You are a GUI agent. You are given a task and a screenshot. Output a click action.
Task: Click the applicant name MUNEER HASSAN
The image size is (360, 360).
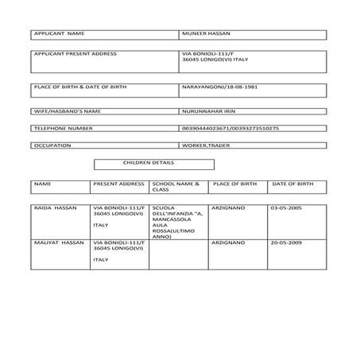[x=206, y=34]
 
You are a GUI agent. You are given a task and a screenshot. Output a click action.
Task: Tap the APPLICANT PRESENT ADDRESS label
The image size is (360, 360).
[x=75, y=54]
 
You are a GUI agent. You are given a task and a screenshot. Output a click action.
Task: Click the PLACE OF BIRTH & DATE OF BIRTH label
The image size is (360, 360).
[x=79, y=87]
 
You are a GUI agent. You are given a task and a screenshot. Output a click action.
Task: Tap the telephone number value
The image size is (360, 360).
[x=230, y=127]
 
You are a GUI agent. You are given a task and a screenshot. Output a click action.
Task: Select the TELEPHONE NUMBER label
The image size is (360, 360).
[x=65, y=127]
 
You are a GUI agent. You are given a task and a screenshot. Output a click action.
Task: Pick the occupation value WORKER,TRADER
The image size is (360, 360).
[x=205, y=146]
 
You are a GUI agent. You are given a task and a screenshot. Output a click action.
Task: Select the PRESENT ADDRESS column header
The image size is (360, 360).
[x=118, y=184]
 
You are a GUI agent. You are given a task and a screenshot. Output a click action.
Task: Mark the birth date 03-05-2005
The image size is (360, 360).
[x=285, y=207]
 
